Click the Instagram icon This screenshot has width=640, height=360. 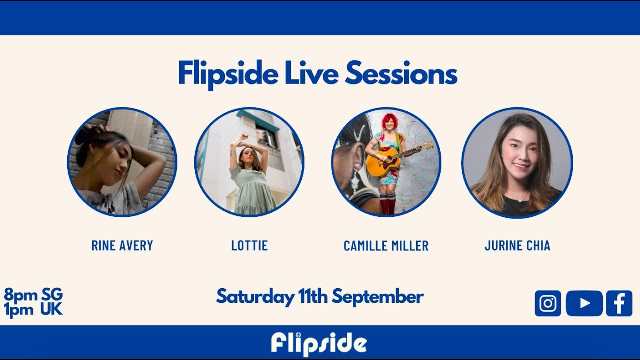click(x=548, y=303)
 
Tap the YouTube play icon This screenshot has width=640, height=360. click(x=584, y=303)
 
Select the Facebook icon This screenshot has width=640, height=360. click(x=619, y=303)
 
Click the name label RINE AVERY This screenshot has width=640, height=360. click(x=122, y=246)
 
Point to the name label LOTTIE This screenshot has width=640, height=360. click(x=249, y=246)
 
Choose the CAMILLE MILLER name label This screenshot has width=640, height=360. click(x=386, y=246)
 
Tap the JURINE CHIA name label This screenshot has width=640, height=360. click(x=517, y=246)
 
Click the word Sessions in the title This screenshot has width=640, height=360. click(x=401, y=74)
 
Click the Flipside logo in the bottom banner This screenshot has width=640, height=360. click(x=319, y=343)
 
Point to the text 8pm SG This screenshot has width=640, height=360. click(x=33, y=294)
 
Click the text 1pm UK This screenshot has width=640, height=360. click(x=33, y=309)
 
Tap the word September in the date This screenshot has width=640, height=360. click(x=378, y=297)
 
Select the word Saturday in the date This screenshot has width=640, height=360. click(x=255, y=297)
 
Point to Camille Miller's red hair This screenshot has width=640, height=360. click(x=389, y=121)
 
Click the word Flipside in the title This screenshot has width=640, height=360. click(x=228, y=74)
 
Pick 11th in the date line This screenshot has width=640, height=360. click(x=313, y=297)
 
